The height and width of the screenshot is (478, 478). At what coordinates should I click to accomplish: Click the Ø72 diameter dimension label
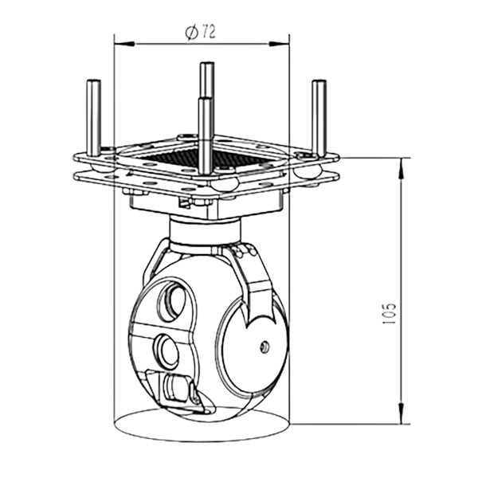pos(200,33)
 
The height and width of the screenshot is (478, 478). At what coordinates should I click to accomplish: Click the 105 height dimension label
pos(389,313)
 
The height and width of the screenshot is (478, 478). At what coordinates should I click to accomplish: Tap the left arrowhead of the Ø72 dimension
pos(124,44)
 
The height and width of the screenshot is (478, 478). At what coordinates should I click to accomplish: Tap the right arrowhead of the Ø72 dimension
pos(279,44)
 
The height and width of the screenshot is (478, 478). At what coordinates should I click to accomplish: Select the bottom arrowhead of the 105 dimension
pos(402,413)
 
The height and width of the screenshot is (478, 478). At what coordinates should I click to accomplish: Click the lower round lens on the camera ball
pos(167,350)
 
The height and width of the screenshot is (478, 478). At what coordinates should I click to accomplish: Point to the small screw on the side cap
pos(264,347)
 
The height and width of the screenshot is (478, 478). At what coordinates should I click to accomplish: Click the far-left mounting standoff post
pos(93,118)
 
